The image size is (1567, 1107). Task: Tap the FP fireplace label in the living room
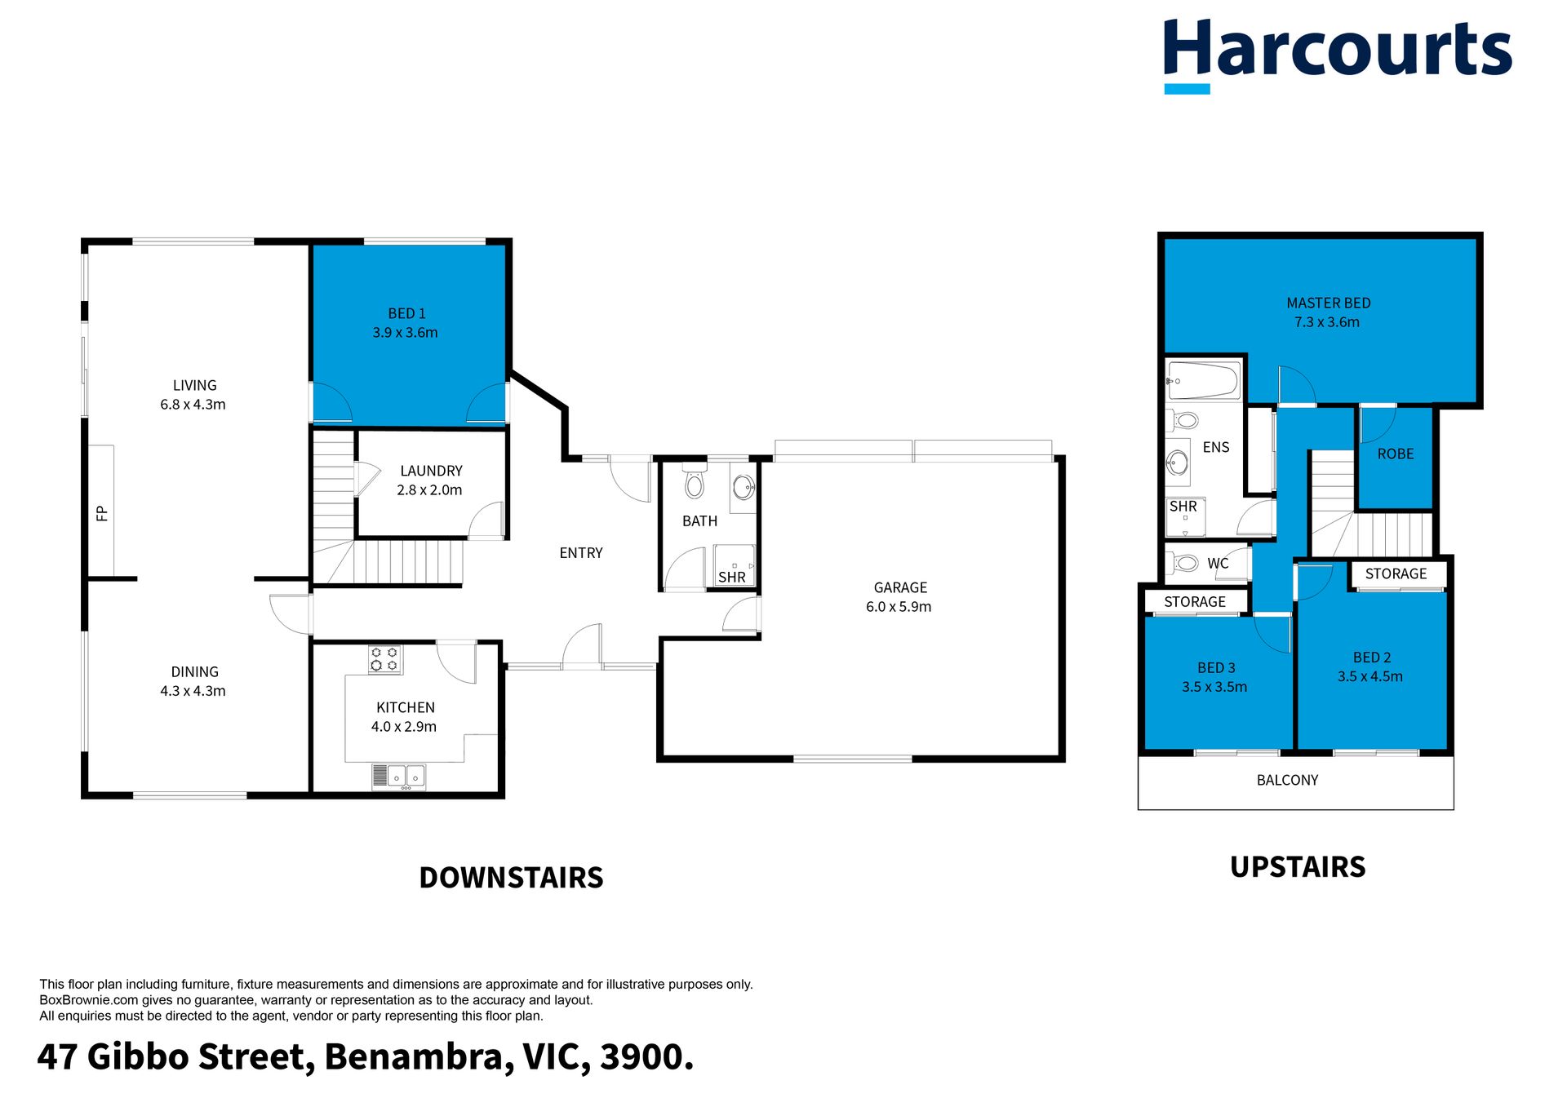[x=102, y=513]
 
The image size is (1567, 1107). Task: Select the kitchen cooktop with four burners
[x=384, y=659]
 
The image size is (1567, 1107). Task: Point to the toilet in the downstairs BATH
[x=695, y=481]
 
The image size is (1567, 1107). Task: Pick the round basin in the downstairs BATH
[x=744, y=488]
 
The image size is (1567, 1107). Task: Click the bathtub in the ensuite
[x=1204, y=380]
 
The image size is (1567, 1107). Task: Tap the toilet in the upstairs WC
[x=1184, y=563]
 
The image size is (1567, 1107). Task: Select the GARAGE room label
[x=900, y=587]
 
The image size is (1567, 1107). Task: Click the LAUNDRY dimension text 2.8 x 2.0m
[x=429, y=490]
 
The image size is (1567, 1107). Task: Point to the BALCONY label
[x=1287, y=780]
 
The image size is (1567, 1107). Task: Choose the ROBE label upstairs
[x=1396, y=454]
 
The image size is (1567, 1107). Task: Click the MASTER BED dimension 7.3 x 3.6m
[x=1327, y=322]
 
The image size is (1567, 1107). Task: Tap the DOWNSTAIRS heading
[x=511, y=878]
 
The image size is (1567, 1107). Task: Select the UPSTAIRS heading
[x=1298, y=867]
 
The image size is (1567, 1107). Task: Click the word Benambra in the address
[x=419, y=1057]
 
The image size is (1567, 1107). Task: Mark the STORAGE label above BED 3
[x=1195, y=602]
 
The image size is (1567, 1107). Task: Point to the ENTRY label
[x=581, y=553]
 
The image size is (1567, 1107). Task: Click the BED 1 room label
[x=406, y=313]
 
